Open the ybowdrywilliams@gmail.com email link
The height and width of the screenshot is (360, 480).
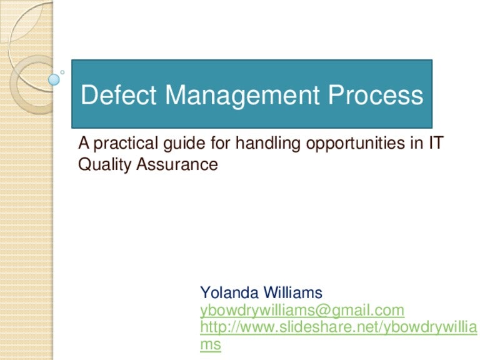302,310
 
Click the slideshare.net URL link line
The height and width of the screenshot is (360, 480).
337,327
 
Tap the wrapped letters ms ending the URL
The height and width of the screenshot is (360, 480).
210,344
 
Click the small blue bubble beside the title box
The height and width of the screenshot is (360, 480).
54,79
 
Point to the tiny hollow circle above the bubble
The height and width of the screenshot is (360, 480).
62,71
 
